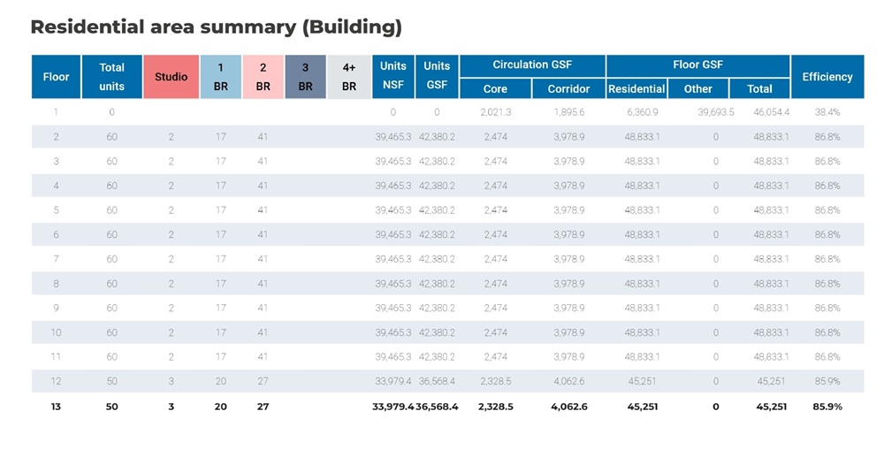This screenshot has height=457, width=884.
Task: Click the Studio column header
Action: coord(171,77)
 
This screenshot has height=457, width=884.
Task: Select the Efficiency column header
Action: coord(827,77)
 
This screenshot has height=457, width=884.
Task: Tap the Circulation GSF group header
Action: coord(532,65)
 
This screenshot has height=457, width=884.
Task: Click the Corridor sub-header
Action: coord(568,88)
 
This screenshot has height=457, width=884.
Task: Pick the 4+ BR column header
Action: coord(348,77)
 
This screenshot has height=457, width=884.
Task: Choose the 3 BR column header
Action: coord(305,77)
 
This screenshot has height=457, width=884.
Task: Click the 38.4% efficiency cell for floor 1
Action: coord(827,113)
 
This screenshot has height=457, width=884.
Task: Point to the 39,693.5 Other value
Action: coord(715,113)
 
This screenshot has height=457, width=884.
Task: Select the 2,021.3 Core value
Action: coord(495,113)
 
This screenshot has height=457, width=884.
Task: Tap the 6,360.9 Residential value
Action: coord(642,113)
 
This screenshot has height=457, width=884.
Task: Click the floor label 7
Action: coord(56,259)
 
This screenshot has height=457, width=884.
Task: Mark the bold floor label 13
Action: coord(56,407)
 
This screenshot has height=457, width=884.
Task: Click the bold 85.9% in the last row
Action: coord(827,407)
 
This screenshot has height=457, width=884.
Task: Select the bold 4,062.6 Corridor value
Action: coord(568,407)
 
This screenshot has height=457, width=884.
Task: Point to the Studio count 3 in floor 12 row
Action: coord(171,381)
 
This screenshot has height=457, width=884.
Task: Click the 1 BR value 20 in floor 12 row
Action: coord(220,381)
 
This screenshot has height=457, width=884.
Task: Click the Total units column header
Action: coord(111,77)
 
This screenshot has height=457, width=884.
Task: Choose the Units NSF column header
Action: coord(392,77)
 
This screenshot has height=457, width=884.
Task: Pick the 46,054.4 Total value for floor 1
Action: coord(771,113)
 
